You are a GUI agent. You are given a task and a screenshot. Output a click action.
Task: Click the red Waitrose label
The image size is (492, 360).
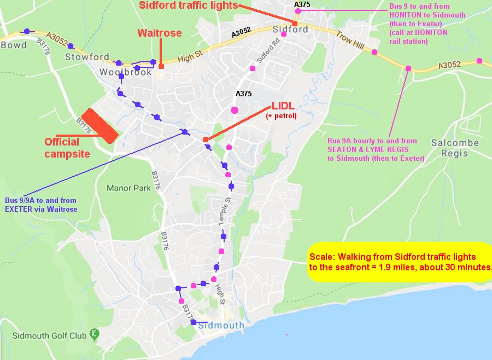pyautogui.click(x=160, y=33)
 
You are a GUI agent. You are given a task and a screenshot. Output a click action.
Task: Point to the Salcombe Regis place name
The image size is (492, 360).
pyautogui.click(x=455, y=148)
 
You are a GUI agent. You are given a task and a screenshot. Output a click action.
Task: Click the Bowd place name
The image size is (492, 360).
pyautogui.click(x=13, y=45)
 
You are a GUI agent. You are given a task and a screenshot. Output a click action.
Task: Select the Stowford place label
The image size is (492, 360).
pyautogui.click(x=87, y=57)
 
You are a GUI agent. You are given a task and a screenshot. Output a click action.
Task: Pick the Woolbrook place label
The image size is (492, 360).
pyautogui.click(x=125, y=72)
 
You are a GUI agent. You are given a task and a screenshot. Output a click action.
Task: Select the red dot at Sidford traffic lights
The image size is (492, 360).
pyautogui.click(x=295, y=24)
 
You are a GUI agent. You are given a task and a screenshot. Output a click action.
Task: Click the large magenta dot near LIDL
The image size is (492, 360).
pyautogui.click(x=235, y=110)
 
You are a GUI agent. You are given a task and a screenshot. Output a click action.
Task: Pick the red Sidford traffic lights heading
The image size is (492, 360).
pyautogui.click(x=189, y=5)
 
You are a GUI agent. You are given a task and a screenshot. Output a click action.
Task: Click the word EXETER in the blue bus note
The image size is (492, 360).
pyautogui.click(x=19, y=209)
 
